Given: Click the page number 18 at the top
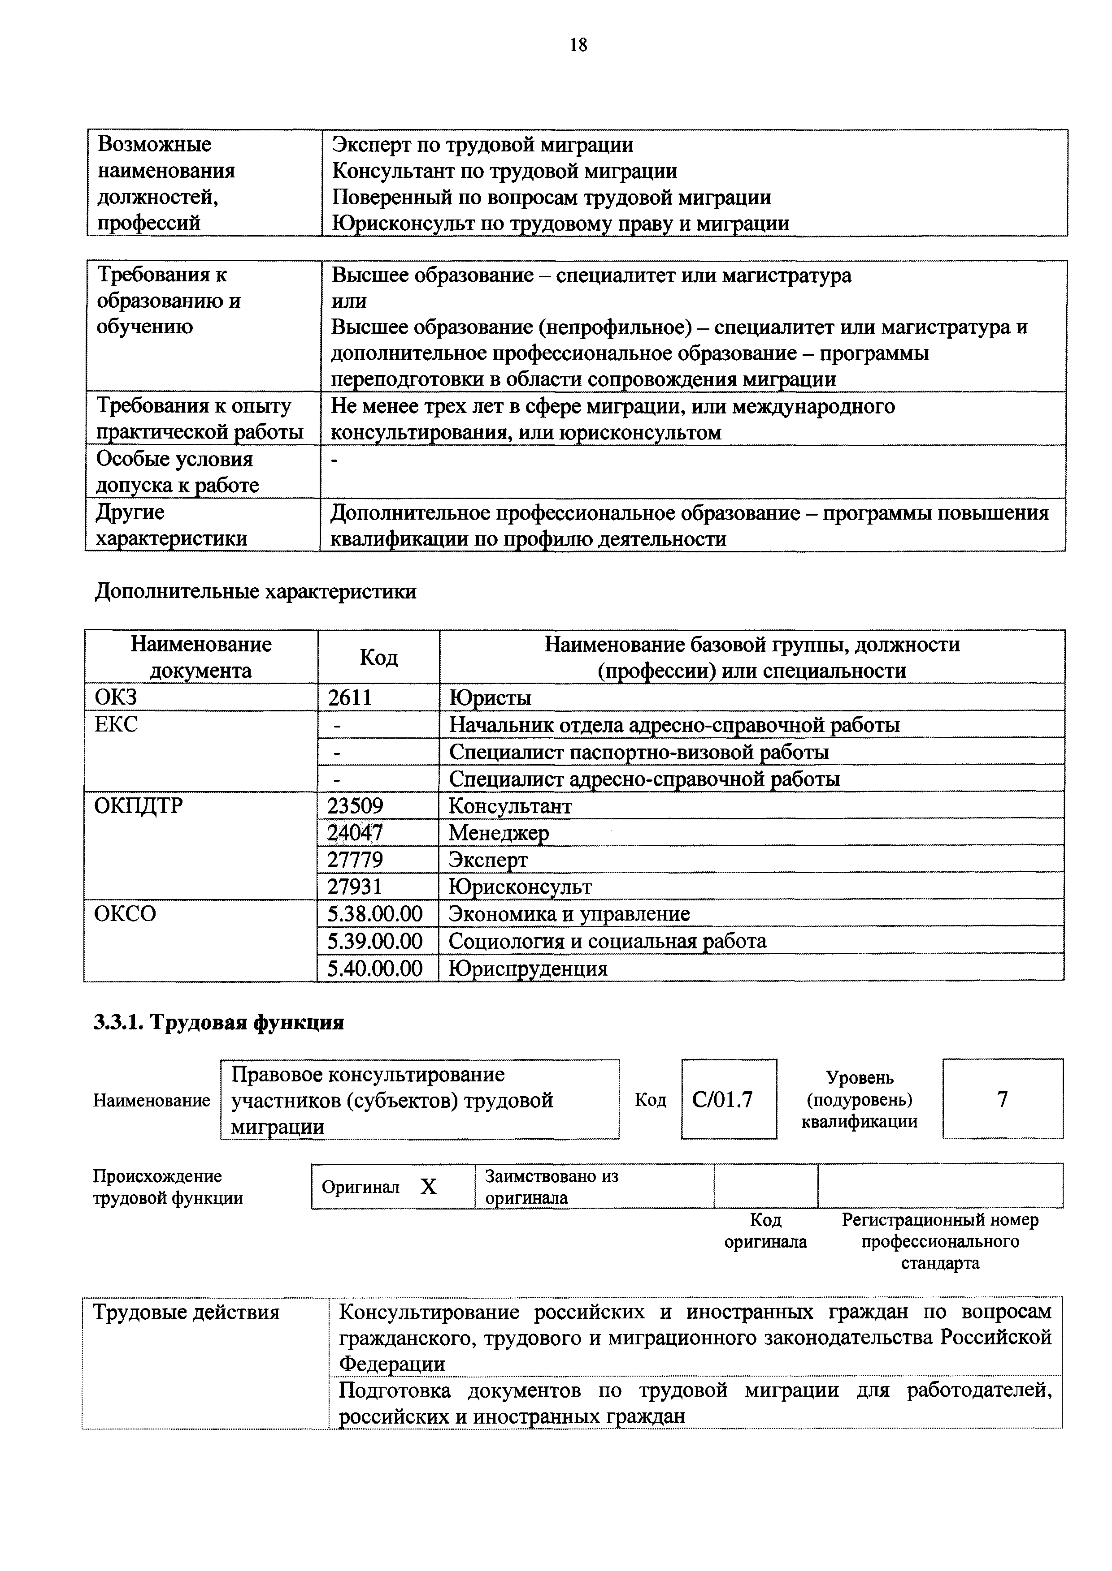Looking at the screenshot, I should pos(578,45).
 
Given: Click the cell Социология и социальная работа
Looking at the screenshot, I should pos(608,941).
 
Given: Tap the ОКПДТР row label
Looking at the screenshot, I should pos(139,806).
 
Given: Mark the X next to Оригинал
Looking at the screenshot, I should pos(428,1187).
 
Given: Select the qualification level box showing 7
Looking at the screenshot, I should pos(1003,1099).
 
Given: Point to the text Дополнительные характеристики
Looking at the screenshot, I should pos(256,591).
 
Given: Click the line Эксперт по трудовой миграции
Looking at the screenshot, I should pos(483,145).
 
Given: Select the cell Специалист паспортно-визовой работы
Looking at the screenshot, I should pos(638,752).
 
